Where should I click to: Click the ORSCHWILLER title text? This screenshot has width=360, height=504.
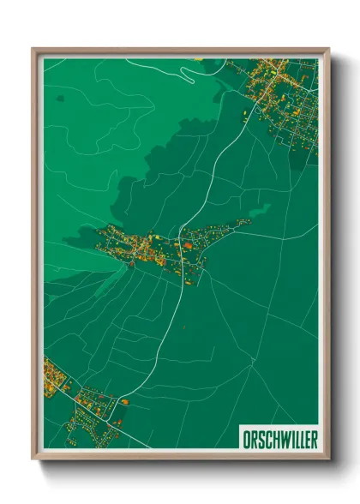[x=278, y=439]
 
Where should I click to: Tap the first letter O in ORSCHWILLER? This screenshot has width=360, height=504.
[x=243, y=439]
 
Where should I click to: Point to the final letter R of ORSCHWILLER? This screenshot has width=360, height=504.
[x=313, y=439]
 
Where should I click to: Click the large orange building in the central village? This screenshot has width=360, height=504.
[x=186, y=246]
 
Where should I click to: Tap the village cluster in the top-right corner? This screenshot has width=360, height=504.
[x=283, y=94]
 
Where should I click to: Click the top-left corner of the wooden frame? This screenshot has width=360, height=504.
[x=34, y=50]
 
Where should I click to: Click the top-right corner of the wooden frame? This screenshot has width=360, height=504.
[x=327, y=50]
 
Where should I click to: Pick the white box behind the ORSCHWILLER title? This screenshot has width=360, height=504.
[x=278, y=439]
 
